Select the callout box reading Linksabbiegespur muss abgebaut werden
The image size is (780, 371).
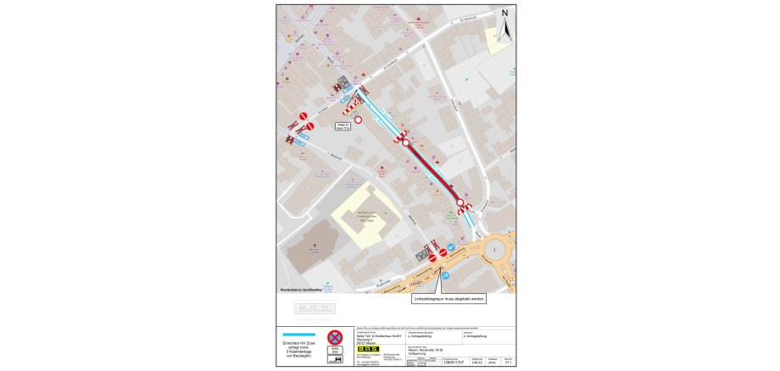[x=448, y=299]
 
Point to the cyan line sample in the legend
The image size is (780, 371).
[x=298, y=334]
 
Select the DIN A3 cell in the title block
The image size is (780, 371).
[x=478, y=360]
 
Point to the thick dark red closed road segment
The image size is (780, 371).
[x=434, y=174]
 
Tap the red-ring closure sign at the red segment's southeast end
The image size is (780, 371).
[x=460, y=203]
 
